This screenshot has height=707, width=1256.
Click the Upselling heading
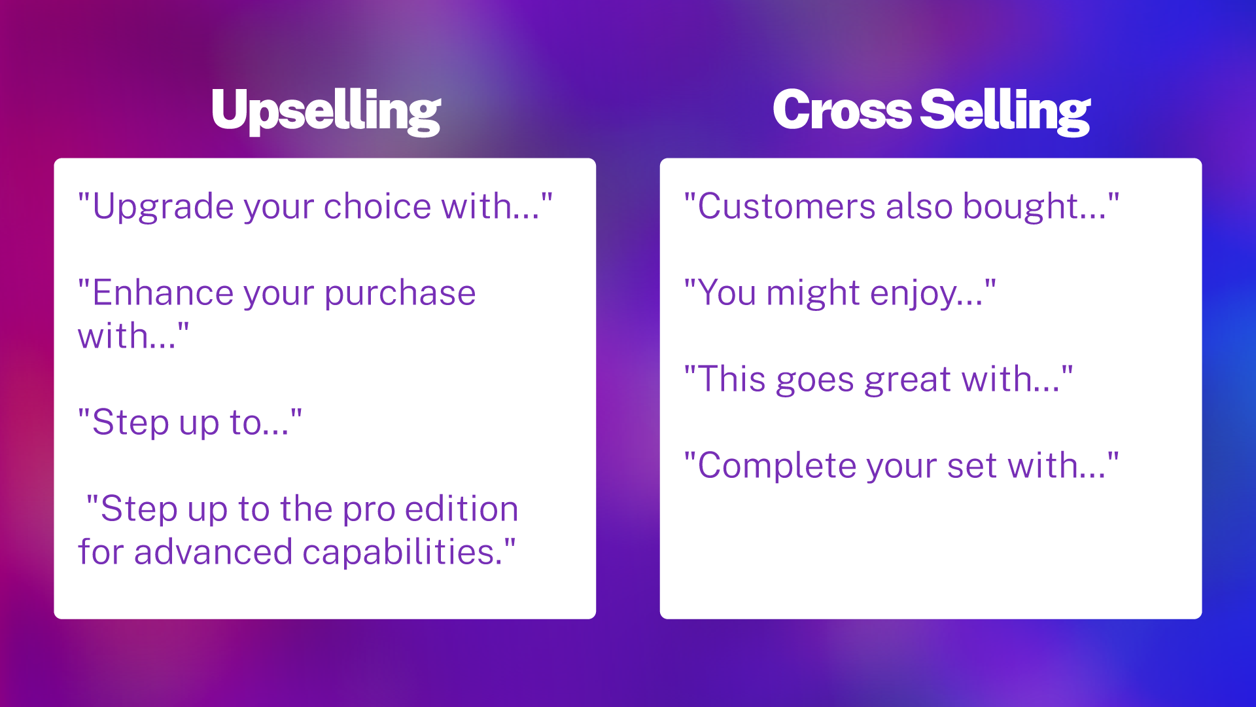326,111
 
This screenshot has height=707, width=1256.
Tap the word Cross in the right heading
842,109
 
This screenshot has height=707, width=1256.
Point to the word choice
377,206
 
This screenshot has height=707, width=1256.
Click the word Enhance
163,293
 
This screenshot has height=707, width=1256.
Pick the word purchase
400,294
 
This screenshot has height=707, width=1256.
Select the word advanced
213,551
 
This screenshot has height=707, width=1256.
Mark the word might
812,294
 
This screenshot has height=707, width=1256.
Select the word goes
814,382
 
